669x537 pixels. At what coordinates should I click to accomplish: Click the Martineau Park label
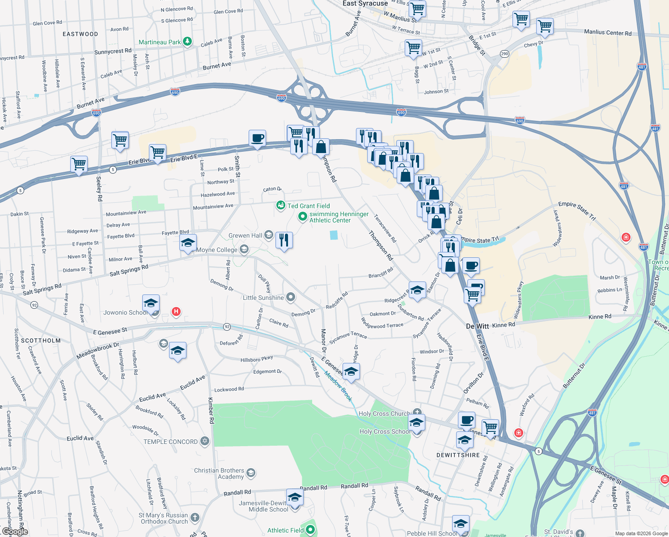coord(160,43)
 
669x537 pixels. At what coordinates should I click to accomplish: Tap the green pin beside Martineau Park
coord(187,42)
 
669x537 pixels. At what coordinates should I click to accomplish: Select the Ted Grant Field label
coord(309,206)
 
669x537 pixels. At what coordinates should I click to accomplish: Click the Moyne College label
coord(217,250)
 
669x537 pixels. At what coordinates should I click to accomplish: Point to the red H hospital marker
coord(176,311)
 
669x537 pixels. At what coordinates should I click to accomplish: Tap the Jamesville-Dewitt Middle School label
coord(263,506)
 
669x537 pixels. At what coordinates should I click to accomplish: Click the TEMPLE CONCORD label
coord(170,442)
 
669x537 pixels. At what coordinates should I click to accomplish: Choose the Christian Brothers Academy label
coord(219,473)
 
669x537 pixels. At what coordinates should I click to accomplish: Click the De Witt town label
coord(477,326)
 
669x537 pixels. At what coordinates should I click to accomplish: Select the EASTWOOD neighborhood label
coord(80,34)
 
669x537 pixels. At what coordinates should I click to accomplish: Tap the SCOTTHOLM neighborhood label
coord(41,341)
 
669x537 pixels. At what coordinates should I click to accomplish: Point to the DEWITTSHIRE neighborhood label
coord(458,455)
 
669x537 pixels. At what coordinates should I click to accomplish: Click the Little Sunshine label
coord(263,298)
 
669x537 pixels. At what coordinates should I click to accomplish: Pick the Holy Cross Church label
coord(384,413)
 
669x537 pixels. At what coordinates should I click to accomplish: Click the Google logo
coord(15,532)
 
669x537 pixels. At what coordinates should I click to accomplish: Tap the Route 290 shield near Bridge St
coord(504,54)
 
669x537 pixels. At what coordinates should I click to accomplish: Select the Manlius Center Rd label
coord(608,33)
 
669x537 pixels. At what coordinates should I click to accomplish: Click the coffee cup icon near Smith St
coord(257,138)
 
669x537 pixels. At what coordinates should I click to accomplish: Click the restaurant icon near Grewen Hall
coord(284,240)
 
